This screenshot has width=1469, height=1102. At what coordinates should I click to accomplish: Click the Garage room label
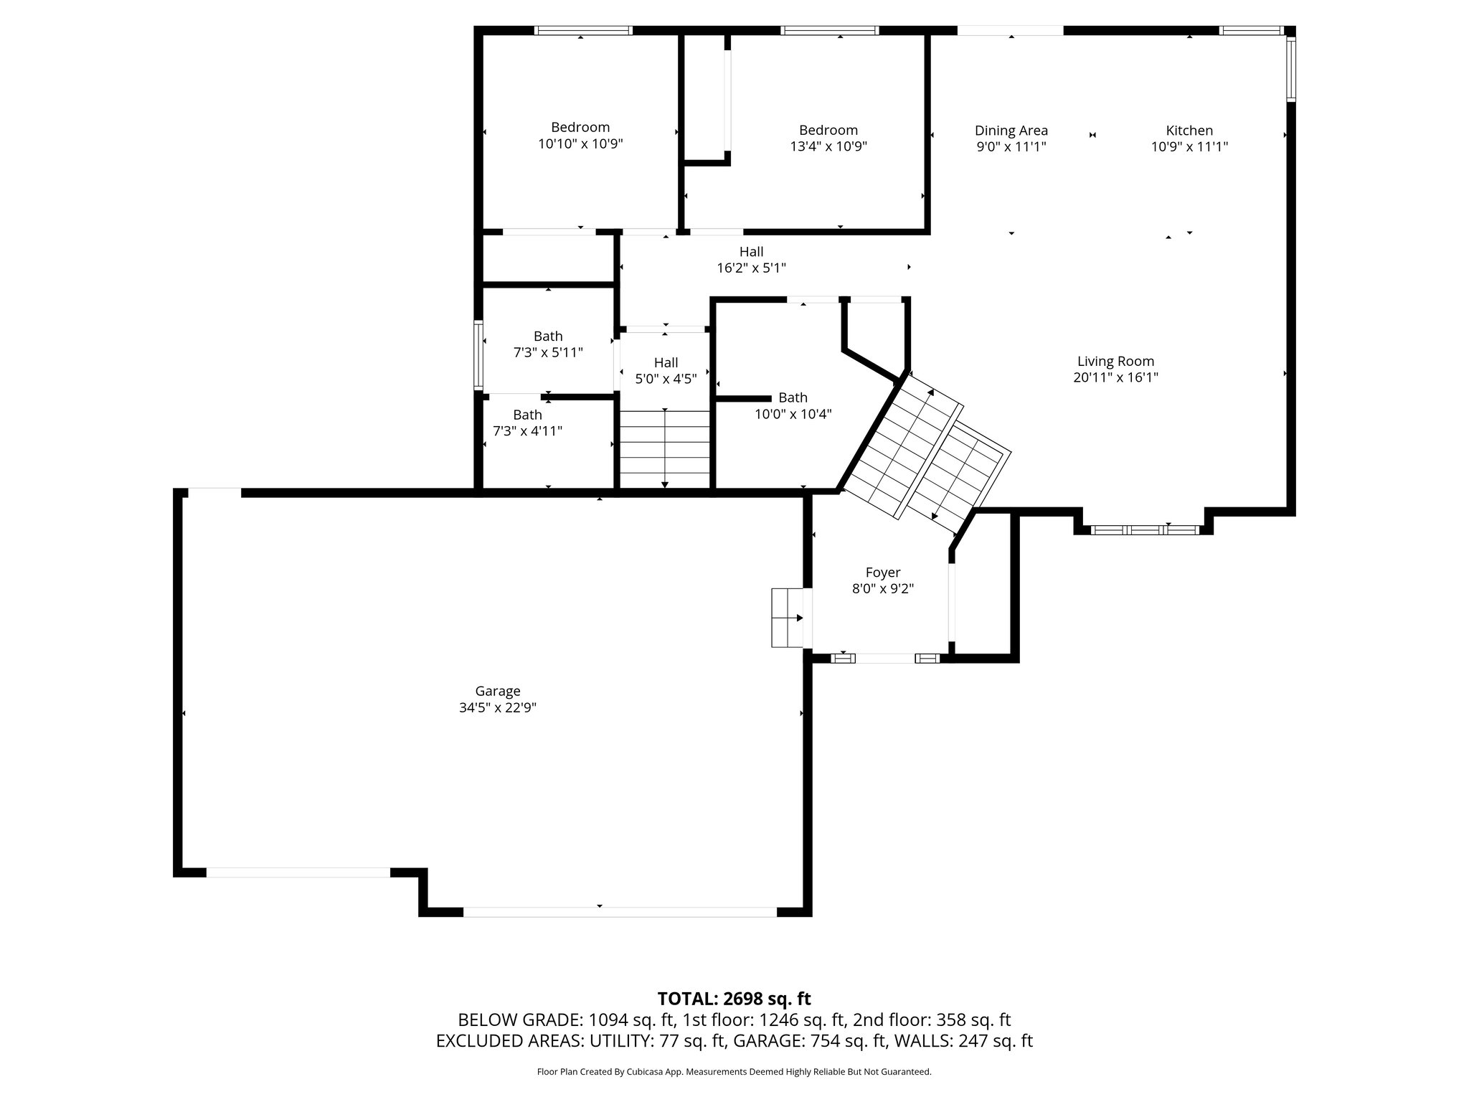(x=497, y=691)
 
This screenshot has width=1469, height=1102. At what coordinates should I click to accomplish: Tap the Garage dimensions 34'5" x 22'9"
(x=497, y=707)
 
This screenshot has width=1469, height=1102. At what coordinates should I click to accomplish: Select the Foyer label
(x=882, y=573)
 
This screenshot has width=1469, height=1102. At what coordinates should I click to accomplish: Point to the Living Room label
(x=1115, y=362)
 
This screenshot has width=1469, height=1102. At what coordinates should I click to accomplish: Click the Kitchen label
(x=1189, y=131)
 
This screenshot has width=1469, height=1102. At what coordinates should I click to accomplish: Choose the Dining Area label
(x=1011, y=131)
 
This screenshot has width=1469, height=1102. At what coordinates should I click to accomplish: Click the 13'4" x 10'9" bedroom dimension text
(x=828, y=146)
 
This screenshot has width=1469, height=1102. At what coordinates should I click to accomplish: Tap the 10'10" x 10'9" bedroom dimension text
(x=580, y=143)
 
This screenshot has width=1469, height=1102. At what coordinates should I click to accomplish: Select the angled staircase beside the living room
(x=925, y=452)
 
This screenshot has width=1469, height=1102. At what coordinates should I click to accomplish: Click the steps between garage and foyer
(x=787, y=618)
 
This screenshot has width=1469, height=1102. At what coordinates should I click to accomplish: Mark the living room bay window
(x=1144, y=530)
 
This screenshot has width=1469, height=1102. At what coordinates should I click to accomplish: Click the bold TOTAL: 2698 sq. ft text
(x=734, y=999)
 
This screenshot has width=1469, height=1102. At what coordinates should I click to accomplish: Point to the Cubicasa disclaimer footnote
(x=734, y=1072)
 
